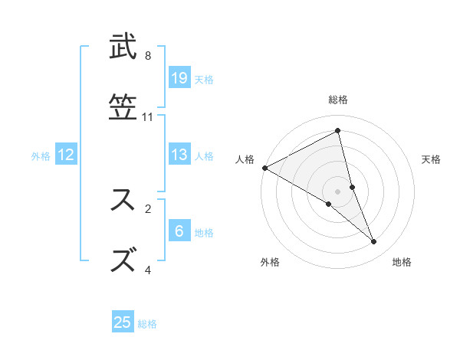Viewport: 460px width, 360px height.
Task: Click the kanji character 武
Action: pyautogui.click(x=123, y=47)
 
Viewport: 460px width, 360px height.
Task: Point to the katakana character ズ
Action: pyautogui.click(x=123, y=259)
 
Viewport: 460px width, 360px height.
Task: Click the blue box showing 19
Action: pyautogui.click(x=179, y=77)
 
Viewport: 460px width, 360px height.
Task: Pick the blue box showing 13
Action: pyautogui.click(x=179, y=155)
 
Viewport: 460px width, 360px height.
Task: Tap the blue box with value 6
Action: pyautogui.click(x=179, y=231)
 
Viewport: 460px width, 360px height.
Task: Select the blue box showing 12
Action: pyautogui.click(x=66, y=155)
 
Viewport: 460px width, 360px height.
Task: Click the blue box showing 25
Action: pyautogui.click(x=123, y=322)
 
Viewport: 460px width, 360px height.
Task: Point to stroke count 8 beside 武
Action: pyautogui.click(x=148, y=56)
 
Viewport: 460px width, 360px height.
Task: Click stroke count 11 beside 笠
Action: pyautogui.click(x=148, y=117)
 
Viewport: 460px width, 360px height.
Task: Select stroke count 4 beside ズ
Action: pyautogui.click(x=148, y=270)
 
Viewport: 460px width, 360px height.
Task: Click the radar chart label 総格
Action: pyautogui.click(x=338, y=100)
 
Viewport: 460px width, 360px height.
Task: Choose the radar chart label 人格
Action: pyautogui.click(x=245, y=159)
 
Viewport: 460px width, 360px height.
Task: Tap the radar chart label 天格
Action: pyautogui.click(x=432, y=159)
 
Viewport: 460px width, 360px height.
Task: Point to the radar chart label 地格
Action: pyautogui.click(x=402, y=262)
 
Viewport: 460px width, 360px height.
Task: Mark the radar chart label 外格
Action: pyautogui.click(x=270, y=262)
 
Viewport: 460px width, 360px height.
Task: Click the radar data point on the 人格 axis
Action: pyautogui.click(x=264, y=167)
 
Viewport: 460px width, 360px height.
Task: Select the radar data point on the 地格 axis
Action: pyautogui.click(x=374, y=241)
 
